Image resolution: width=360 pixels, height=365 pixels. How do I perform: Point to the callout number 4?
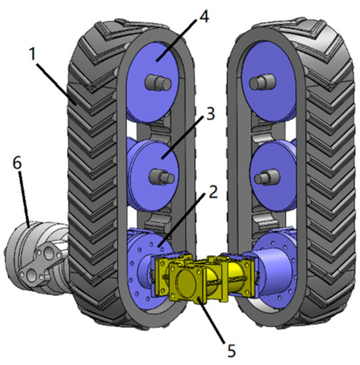pyautogui.click(x=204, y=15)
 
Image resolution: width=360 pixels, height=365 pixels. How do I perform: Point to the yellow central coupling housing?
pyautogui.click(x=199, y=279)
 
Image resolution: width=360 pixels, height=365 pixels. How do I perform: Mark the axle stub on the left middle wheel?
pyautogui.click(x=159, y=177)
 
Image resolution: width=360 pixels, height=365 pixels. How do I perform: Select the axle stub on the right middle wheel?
pyautogui.click(x=264, y=177)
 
